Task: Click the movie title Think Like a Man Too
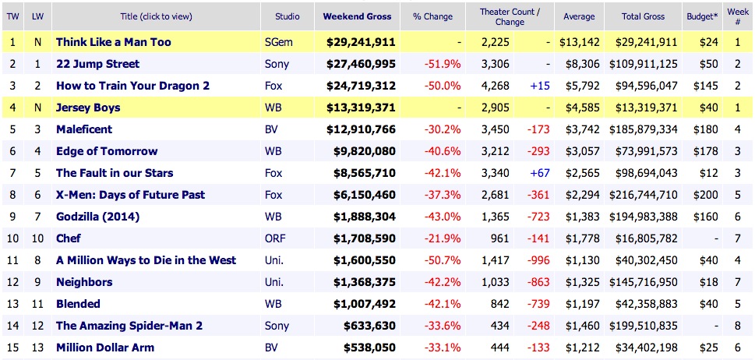(113, 42)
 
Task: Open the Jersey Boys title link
(88, 108)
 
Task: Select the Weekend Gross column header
(358, 16)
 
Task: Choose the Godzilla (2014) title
(97, 217)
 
